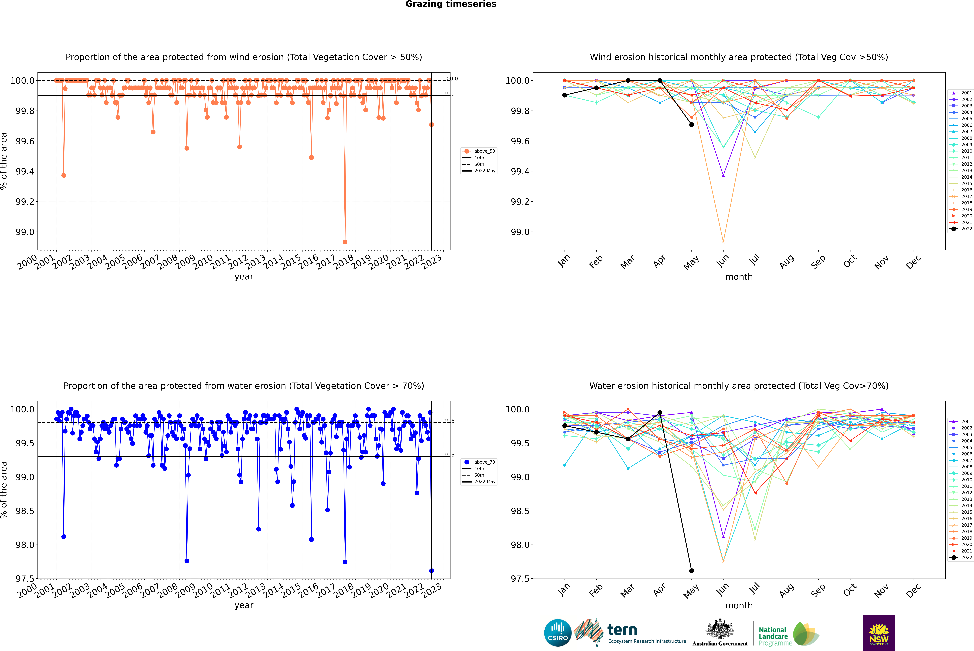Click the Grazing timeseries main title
451,4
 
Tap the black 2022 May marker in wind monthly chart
691,125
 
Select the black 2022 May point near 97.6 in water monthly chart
691,570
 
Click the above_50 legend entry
479,151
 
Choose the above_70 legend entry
479,462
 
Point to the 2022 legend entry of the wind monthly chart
961,229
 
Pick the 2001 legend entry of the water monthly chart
961,421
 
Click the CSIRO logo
558,633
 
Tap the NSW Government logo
879,633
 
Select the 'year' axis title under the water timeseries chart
244,605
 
